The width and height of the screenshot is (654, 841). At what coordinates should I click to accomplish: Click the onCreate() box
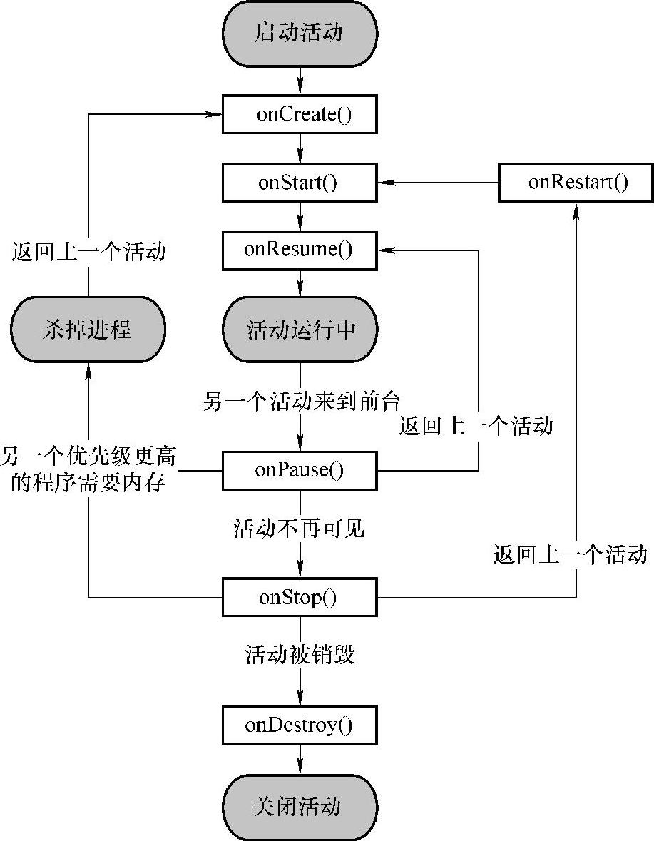click(x=300, y=113)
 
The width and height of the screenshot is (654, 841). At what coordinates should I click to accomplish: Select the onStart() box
click(x=300, y=183)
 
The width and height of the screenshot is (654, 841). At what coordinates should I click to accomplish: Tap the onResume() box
click(x=300, y=250)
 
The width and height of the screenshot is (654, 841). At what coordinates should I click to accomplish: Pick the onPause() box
click(x=300, y=470)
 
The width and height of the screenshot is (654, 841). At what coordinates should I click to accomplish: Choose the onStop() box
click(x=300, y=597)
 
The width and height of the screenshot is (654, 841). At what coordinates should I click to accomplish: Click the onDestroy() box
click(x=300, y=725)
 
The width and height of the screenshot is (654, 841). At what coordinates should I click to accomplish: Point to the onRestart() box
click(x=576, y=183)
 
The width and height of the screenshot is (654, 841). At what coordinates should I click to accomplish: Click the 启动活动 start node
click(x=300, y=34)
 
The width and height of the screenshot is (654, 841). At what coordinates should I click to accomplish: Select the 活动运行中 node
click(x=300, y=330)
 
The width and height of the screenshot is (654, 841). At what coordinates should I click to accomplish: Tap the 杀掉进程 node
click(x=88, y=330)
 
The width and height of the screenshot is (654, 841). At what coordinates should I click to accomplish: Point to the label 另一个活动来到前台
click(x=301, y=401)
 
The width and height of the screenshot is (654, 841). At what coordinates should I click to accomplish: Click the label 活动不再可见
click(x=299, y=529)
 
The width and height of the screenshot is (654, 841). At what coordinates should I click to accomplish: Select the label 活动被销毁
click(x=300, y=654)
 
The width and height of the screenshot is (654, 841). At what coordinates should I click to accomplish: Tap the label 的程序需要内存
click(x=88, y=483)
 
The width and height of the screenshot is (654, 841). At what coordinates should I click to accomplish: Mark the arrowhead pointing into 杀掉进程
click(x=88, y=370)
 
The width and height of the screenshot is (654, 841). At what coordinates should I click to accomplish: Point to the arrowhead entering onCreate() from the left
click(x=214, y=113)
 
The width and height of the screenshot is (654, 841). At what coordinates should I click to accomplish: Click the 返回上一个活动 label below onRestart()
click(x=571, y=554)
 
